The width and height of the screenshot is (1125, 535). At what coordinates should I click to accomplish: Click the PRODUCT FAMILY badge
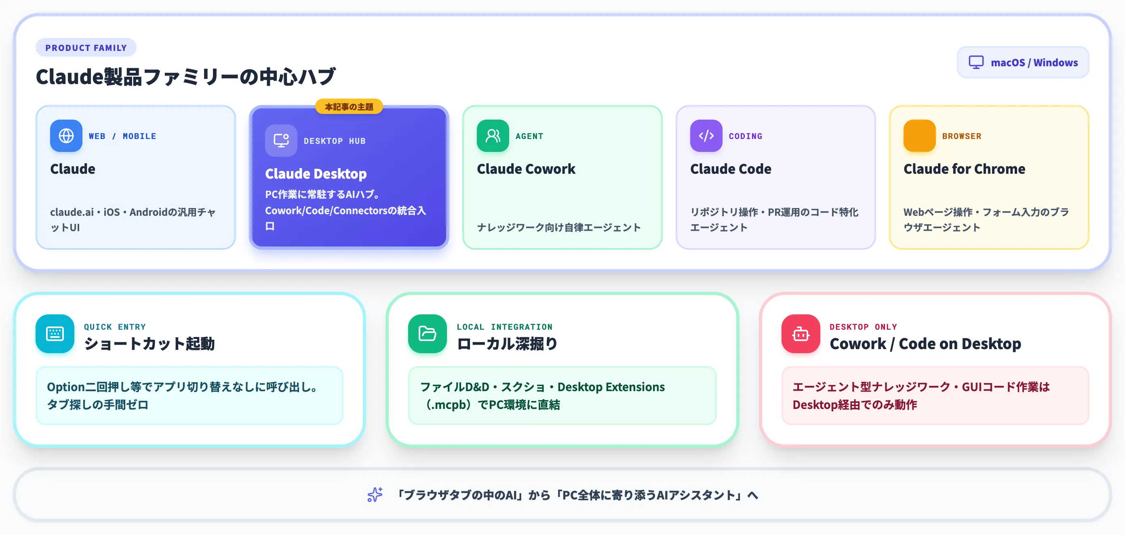pyautogui.click(x=86, y=48)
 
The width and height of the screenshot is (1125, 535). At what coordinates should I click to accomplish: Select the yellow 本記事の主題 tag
pyautogui.click(x=349, y=107)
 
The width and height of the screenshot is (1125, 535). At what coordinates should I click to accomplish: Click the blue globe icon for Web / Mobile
pyautogui.click(x=66, y=136)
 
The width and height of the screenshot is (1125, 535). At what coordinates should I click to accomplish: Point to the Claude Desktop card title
pyautogui.click(x=316, y=174)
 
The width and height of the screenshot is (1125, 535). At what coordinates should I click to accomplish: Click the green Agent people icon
pyautogui.click(x=493, y=136)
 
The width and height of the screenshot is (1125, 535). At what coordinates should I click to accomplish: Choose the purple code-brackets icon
pyautogui.click(x=706, y=136)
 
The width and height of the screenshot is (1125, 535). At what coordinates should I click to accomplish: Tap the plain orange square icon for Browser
pyautogui.click(x=919, y=136)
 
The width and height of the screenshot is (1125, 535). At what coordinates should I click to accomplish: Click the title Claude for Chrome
pyautogui.click(x=964, y=169)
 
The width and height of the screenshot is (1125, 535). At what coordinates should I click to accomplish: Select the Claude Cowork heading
pyautogui.click(x=526, y=169)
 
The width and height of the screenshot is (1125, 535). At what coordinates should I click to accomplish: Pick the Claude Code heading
pyautogui.click(x=731, y=169)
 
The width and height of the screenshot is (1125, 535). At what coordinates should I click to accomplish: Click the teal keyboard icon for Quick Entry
pyautogui.click(x=55, y=334)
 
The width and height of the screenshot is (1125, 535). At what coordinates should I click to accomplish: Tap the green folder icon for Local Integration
pyautogui.click(x=427, y=334)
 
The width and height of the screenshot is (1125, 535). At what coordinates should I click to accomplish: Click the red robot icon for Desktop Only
pyautogui.click(x=801, y=334)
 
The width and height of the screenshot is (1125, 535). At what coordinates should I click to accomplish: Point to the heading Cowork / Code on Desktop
pyautogui.click(x=925, y=344)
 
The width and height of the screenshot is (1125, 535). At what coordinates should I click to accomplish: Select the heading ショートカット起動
pyautogui.click(x=150, y=344)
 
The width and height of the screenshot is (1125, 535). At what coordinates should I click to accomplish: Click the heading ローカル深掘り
pyautogui.click(x=507, y=344)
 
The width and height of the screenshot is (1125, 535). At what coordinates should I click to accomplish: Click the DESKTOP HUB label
pyautogui.click(x=335, y=141)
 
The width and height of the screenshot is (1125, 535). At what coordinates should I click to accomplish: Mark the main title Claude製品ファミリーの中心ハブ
pyautogui.click(x=185, y=77)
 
